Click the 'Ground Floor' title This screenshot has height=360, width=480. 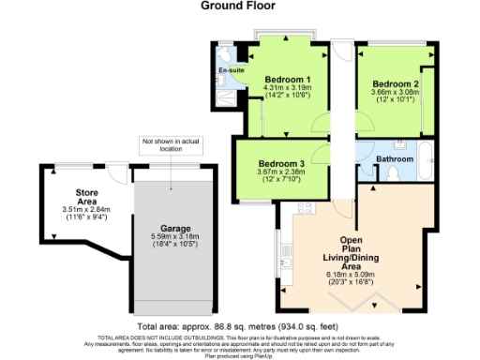coord(239,6)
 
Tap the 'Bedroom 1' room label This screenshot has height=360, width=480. coord(287,78)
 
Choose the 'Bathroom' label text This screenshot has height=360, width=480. coord(395,159)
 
